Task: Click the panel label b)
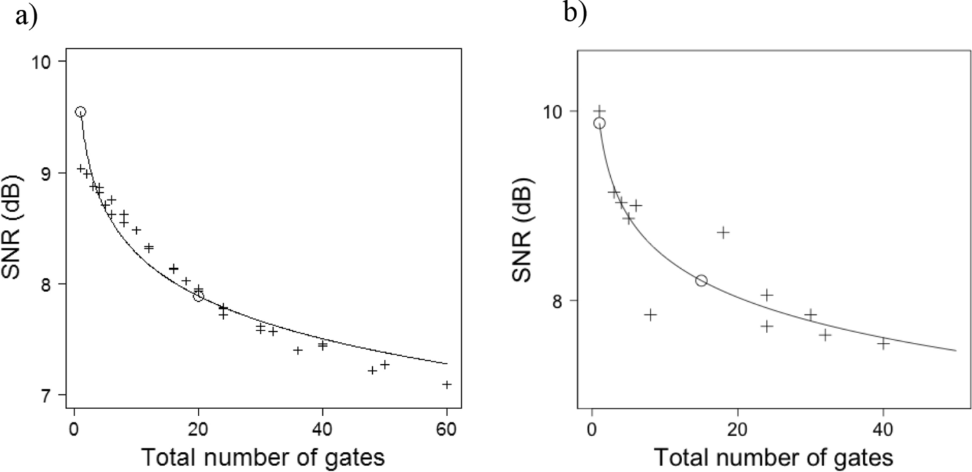[x=575, y=12]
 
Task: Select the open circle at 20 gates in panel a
[x=198, y=296]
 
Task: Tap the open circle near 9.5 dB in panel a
[x=80, y=112]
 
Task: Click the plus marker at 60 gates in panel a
[x=447, y=384]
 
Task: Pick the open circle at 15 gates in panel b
[x=701, y=280]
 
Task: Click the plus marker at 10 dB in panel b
[x=599, y=110]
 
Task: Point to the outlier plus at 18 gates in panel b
[x=723, y=232]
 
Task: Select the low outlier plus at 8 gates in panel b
[x=650, y=314]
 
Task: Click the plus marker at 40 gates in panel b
[x=883, y=342]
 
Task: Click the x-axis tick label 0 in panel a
[x=75, y=429]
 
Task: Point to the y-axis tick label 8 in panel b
[x=555, y=301]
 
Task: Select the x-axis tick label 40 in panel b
[x=883, y=429]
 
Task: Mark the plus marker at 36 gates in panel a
[x=298, y=350]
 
